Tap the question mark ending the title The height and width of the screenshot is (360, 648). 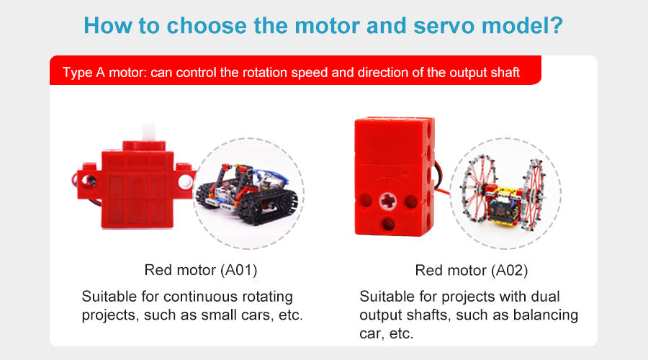pos(557,24)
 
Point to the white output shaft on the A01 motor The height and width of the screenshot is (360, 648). pos(148,132)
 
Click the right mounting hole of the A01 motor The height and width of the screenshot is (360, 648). pos(185,181)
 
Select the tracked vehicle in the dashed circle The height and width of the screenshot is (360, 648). pos(246,193)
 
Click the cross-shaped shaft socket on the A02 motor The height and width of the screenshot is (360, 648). pos(388,202)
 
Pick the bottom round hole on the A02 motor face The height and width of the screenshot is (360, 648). pos(387,224)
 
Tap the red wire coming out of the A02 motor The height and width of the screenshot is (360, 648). pos(442,192)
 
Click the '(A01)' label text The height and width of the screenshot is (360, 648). pos(238,270)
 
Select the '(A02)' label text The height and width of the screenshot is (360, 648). pos(509,271)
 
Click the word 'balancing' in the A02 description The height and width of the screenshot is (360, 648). pos(546,315)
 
